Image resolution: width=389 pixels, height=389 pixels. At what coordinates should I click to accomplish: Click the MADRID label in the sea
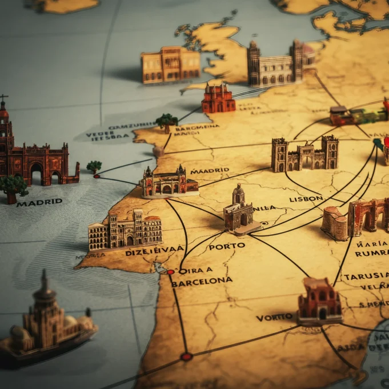39,202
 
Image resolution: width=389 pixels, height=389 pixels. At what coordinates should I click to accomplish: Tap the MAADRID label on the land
210,170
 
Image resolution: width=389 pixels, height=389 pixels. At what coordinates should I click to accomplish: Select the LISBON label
306,199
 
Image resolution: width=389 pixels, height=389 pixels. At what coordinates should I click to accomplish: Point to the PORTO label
227,246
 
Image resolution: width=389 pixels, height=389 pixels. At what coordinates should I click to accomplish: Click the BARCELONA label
202,282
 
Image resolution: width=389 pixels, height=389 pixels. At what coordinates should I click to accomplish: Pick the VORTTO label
274,317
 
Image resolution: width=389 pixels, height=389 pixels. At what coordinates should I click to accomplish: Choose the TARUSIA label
366,276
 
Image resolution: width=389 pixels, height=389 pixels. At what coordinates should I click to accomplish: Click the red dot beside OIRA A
170,272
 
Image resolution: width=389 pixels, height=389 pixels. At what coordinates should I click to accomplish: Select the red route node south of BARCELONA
186,356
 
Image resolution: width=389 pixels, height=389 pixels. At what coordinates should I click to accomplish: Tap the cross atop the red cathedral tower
4,98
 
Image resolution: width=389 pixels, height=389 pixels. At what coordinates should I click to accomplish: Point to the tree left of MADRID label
13,186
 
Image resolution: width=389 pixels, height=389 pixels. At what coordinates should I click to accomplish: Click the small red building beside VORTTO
319,300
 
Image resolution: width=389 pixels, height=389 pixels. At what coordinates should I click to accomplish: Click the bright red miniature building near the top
218,99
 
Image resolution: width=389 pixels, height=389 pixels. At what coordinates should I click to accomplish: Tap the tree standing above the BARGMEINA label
166,121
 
